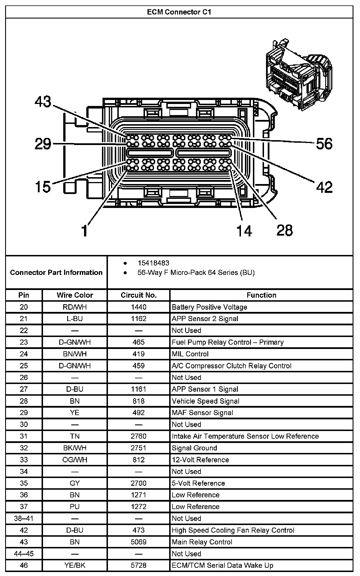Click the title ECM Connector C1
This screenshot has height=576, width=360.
click(179, 12)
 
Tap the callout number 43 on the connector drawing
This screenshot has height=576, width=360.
click(43, 102)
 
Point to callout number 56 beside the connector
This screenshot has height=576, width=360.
click(324, 144)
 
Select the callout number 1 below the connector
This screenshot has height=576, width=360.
click(84, 230)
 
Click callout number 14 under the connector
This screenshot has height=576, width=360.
click(244, 230)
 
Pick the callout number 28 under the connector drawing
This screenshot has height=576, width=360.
click(285, 230)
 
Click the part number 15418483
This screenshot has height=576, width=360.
click(153, 263)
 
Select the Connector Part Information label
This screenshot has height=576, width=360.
click(56, 272)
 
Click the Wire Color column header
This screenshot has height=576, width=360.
click(75, 295)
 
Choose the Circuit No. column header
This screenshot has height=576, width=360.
click(139, 295)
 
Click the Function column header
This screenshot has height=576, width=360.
click(261, 295)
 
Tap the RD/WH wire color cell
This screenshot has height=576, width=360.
click(75, 307)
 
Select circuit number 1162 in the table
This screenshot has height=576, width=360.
click(139, 319)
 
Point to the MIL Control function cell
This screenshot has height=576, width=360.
click(190, 354)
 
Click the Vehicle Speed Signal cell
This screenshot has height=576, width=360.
click(205, 401)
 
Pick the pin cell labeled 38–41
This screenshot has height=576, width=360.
click(24, 518)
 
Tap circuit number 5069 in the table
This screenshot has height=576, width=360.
click(139, 542)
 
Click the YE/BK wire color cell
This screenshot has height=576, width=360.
click(75, 565)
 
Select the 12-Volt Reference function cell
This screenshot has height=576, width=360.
click(200, 460)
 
